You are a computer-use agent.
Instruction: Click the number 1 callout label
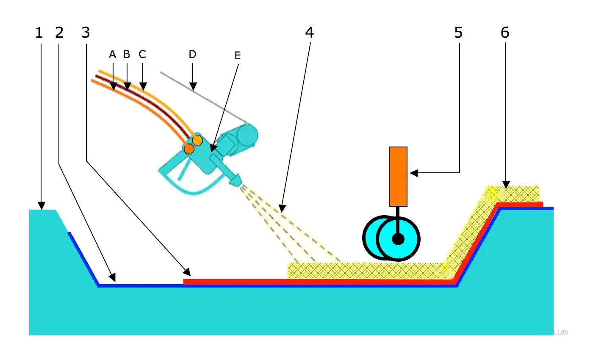(x=39, y=33)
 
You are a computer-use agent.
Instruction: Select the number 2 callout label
(x=59, y=33)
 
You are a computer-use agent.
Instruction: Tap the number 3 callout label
(x=86, y=33)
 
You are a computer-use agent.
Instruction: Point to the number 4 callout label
(x=310, y=33)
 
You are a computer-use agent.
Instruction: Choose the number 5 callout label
(x=458, y=33)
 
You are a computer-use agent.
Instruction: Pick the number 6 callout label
(x=505, y=33)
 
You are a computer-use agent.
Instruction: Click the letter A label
(x=112, y=54)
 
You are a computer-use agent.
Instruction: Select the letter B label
(x=126, y=54)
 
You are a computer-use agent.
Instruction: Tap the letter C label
(x=142, y=54)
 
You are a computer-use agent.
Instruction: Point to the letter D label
(x=192, y=54)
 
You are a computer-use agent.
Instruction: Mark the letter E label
(x=237, y=55)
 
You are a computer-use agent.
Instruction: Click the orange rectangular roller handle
(x=398, y=176)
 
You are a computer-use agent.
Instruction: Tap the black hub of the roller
(x=398, y=239)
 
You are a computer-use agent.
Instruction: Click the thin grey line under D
(x=203, y=98)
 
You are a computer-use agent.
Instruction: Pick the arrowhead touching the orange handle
(x=413, y=173)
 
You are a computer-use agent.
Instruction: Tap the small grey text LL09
(x=560, y=332)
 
